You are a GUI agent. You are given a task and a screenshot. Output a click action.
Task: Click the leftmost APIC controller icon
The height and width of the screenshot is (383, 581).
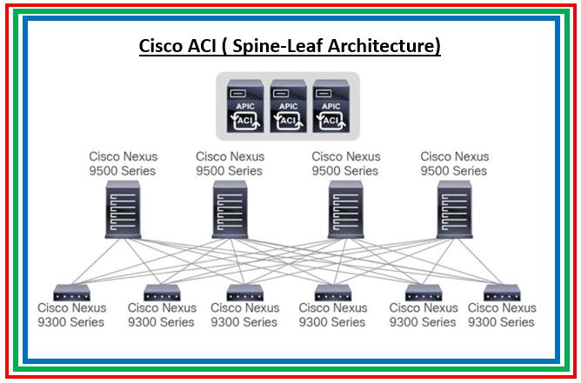[x=244, y=105]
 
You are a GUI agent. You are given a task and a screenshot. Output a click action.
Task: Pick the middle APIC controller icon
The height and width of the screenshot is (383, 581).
[x=289, y=105]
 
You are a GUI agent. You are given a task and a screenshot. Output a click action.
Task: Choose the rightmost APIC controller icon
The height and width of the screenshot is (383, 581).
[x=332, y=105]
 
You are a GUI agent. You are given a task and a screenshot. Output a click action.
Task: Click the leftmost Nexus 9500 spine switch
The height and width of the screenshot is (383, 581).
[x=124, y=209]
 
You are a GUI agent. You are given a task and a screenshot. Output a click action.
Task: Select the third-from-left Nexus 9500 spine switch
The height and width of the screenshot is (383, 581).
[x=346, y=209]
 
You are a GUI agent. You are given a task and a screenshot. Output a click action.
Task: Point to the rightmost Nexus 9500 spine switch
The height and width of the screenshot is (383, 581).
[x=454, y=209]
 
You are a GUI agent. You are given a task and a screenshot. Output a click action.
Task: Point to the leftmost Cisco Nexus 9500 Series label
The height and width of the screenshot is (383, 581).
[x=124, y=163]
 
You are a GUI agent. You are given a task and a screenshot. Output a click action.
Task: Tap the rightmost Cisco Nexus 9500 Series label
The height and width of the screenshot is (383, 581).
[x=455, y=163]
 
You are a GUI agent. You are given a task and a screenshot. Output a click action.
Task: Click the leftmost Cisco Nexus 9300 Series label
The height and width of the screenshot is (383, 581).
[x=71, y=315]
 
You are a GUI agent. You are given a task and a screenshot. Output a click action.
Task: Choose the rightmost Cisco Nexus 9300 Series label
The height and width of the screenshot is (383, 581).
[x=502, y=315]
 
